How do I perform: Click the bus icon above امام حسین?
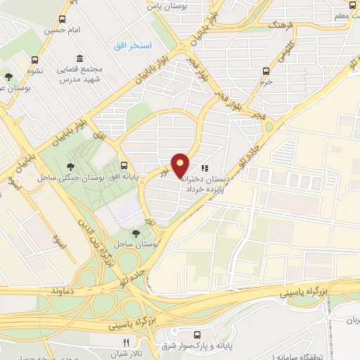[64, 20]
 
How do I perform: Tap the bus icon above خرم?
[266, 70]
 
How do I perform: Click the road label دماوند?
[63, 289]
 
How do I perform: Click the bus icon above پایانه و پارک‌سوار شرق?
[198, 334]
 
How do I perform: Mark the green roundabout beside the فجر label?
[268, 127]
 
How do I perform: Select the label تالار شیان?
[127, 354]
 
